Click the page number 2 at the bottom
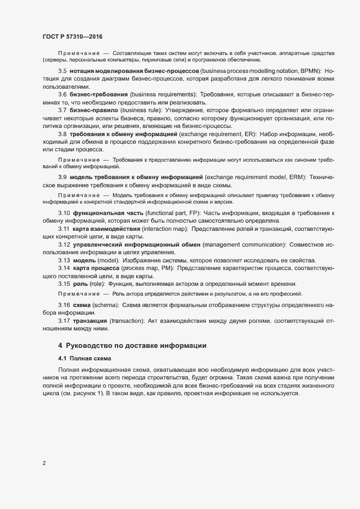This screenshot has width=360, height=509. tap(44, 463)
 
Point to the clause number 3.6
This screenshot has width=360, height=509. tap(62, 94)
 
